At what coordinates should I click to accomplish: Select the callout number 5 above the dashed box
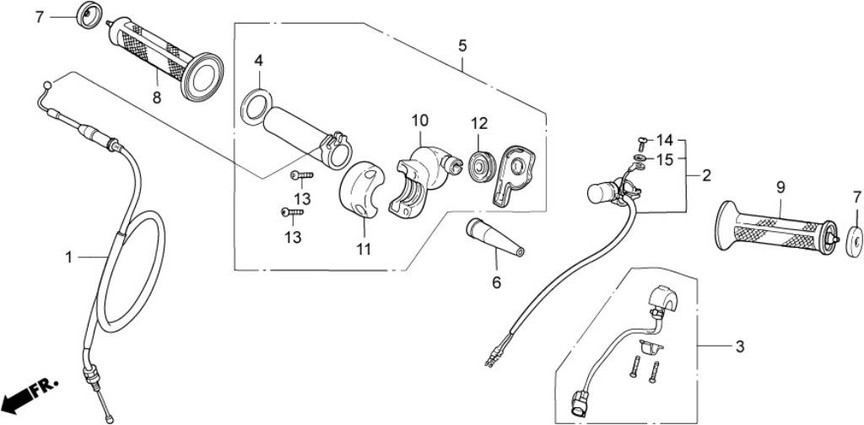click(x=462, y=45)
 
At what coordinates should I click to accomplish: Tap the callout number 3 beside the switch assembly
click(x=739, y=346)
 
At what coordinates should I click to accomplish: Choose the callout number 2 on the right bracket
click(x=706, y=175)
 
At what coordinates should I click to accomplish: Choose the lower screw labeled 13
click(x=289, y=212)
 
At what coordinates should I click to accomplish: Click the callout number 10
click(x=420, y=121)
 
